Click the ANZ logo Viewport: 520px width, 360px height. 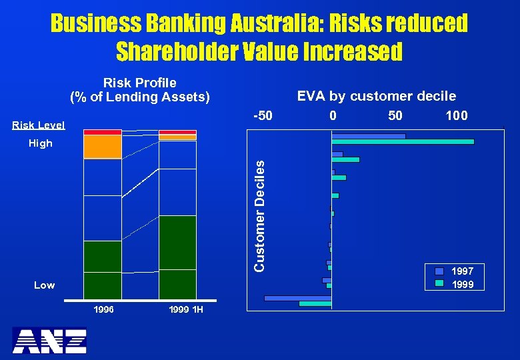click(x=49, y=340)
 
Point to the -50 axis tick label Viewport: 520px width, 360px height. click(x=263, y=115)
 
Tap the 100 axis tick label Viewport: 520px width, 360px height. click(x=457, y=115)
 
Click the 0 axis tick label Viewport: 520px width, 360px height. click(x=333, y=115)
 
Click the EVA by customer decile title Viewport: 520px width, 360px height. click(x=377, y=96)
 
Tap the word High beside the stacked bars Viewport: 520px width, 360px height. click(x=41, y=143)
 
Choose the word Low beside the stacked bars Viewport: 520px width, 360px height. click(x=45, y=285)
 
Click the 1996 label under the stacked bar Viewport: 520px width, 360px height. click(x=103, y=310)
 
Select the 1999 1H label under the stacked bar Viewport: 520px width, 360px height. click(x=186, y=310)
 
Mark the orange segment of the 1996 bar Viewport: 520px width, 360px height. click(x=103, y=147)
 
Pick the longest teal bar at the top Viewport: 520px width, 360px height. click(x=403, y=141)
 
